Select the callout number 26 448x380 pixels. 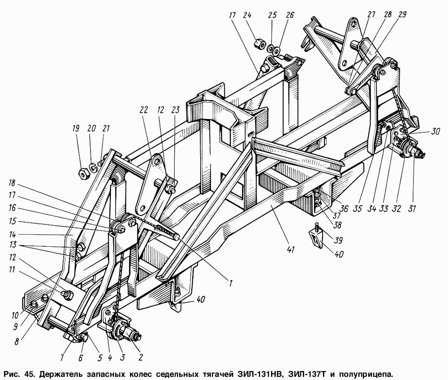[290, 15]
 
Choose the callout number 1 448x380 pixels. [231, 283]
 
